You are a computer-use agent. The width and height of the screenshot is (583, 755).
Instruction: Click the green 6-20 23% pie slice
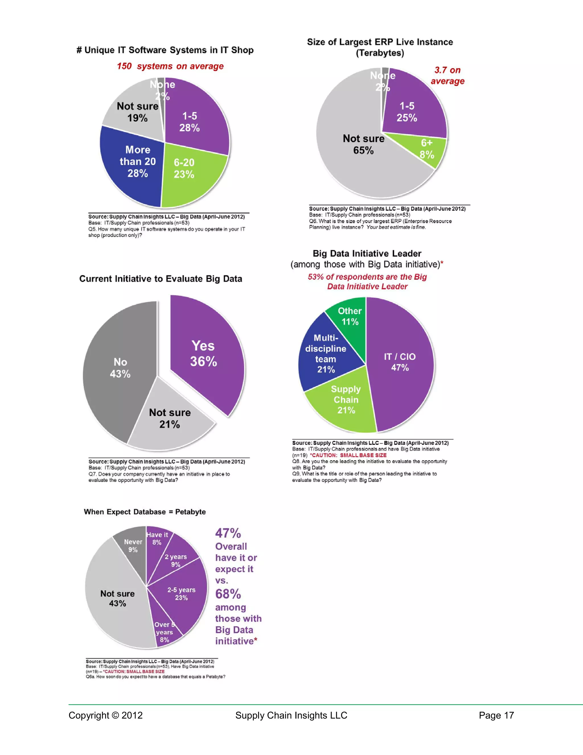[x=188, y=173]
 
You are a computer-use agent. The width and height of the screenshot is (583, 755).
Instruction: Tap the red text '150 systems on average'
[x=170, y=66]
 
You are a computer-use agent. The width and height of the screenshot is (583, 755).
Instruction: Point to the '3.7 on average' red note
[x=447, y=75]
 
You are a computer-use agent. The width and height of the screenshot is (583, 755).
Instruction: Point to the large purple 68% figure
[x=228, y=594]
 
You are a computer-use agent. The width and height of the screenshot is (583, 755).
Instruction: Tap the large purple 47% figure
[x=228, y=533]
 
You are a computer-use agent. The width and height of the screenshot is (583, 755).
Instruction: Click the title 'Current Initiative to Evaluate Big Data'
[x=161, y=279]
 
